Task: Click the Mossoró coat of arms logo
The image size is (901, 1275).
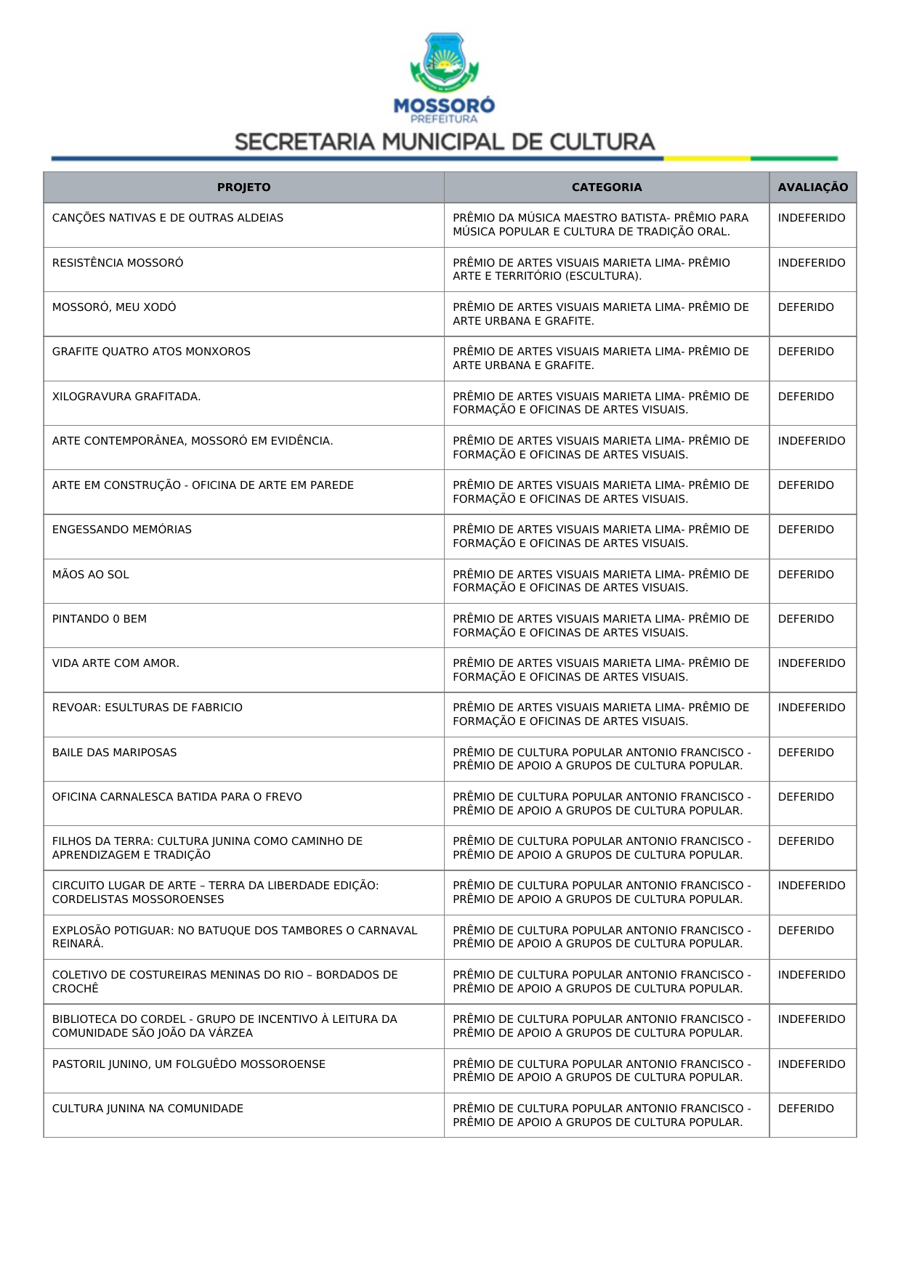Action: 444,62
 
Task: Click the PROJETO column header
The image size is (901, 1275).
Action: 243,187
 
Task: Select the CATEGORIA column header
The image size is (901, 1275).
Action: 607,187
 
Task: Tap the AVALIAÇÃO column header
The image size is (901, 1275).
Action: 812,187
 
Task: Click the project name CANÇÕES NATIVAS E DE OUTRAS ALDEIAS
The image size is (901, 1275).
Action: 168,218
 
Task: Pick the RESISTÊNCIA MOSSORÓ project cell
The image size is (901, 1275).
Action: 118,263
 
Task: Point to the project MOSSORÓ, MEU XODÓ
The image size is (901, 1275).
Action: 114,307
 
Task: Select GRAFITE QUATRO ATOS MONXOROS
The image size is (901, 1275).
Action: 151,352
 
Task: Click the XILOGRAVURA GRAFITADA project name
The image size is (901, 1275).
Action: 126,397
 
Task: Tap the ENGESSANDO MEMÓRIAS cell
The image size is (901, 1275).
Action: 122,530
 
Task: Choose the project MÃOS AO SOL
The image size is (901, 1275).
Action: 91,575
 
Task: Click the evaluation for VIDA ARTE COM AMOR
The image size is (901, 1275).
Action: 811,663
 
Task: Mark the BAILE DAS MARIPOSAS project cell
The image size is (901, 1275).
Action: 115,753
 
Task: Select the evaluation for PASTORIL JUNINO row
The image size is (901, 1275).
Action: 811,1064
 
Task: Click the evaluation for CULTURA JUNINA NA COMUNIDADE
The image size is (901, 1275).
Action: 806,1109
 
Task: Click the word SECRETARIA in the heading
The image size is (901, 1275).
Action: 304,142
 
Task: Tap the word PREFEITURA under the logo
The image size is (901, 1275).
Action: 444,119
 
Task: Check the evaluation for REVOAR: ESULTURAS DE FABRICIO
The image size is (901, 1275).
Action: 811,708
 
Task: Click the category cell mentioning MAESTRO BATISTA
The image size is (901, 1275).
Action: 600,224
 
